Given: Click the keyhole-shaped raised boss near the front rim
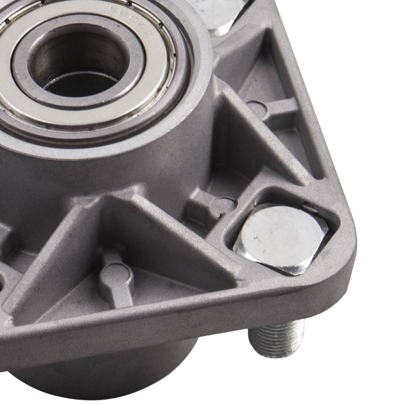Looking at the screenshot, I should point(117,275).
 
